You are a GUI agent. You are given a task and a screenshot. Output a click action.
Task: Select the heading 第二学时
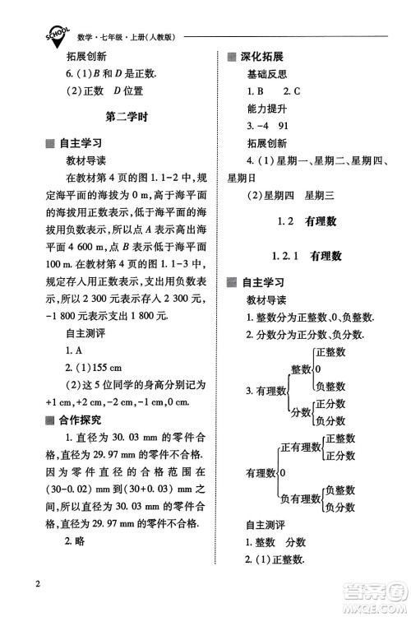127,117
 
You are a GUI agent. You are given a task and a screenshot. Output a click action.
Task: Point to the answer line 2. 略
78,540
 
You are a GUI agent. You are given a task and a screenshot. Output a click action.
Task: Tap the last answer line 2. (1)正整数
275,559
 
